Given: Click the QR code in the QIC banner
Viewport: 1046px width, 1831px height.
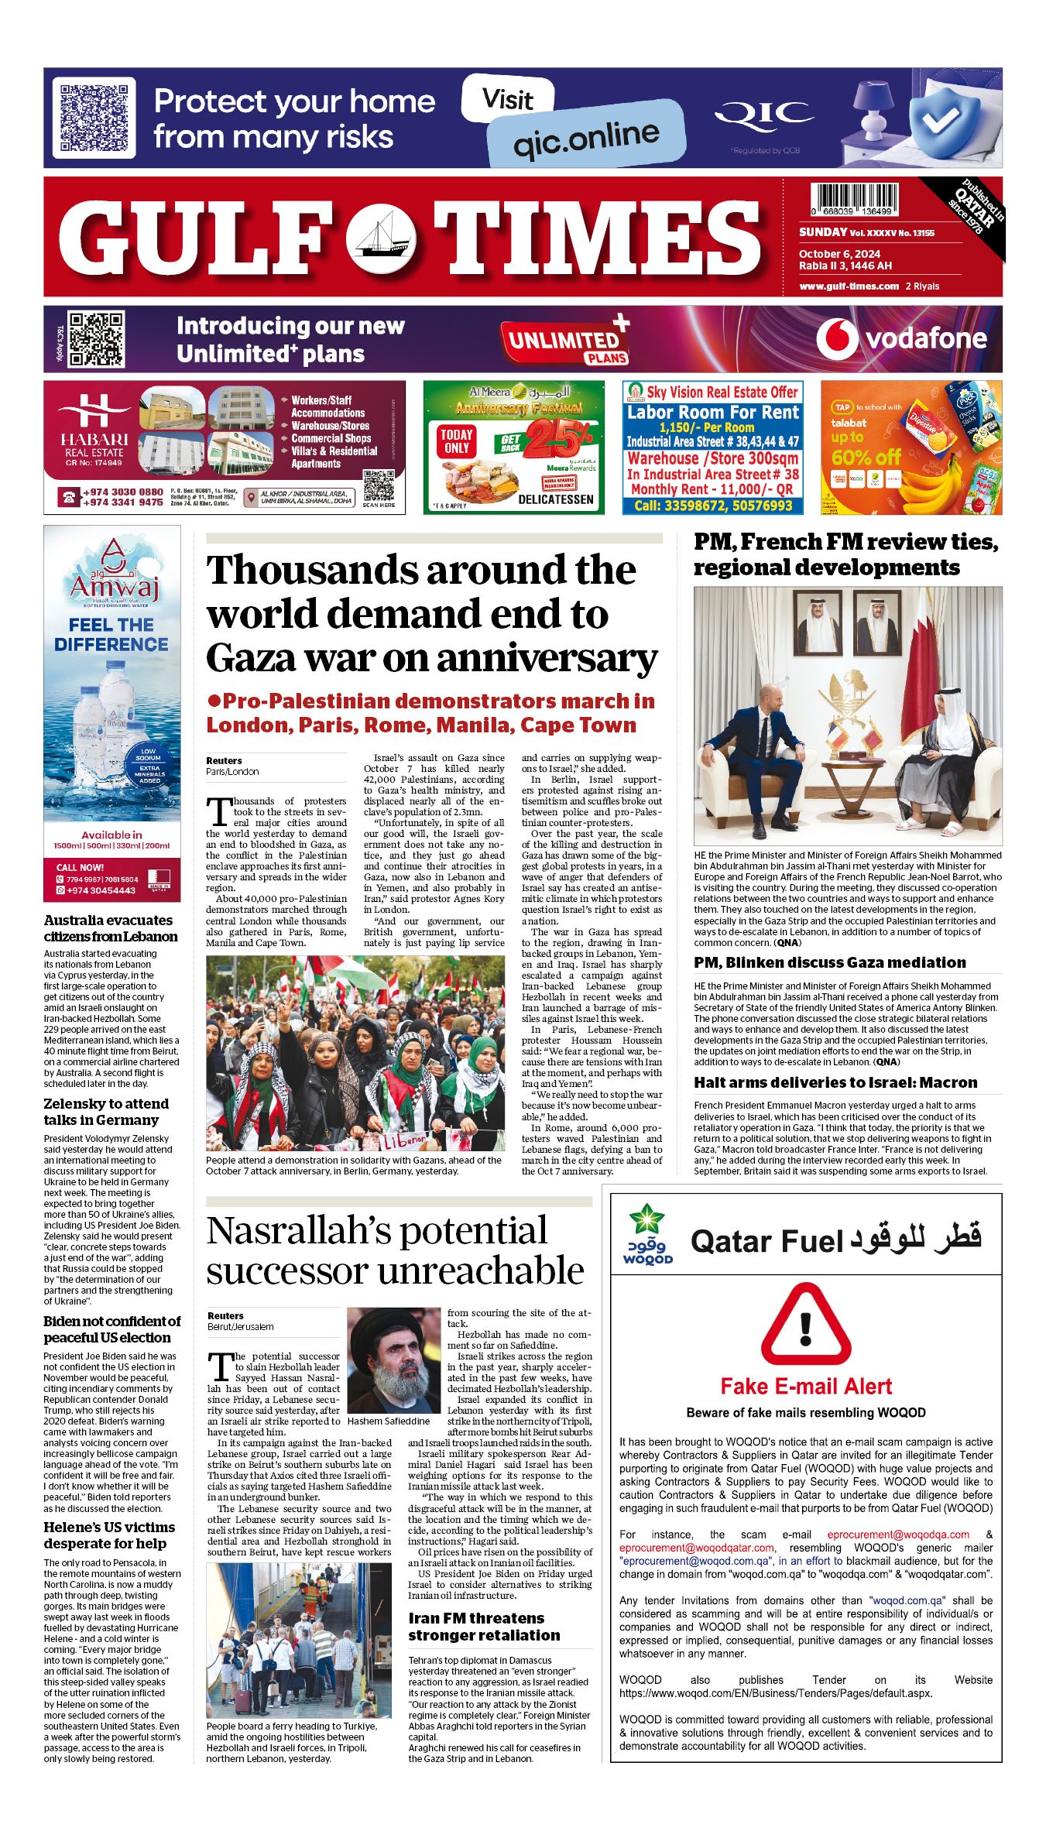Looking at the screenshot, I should [94, 117].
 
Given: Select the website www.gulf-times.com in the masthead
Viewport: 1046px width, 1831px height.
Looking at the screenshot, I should [849, 286].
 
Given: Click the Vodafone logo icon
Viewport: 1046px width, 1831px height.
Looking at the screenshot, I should [837, 339].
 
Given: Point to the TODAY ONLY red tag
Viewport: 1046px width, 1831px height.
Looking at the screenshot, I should [457, 441].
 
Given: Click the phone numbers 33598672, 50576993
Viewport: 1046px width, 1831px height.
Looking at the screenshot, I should [713, 506].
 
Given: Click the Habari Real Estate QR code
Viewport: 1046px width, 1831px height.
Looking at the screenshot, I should [379, 485].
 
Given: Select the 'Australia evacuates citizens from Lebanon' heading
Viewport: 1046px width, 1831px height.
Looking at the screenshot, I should [111, 928].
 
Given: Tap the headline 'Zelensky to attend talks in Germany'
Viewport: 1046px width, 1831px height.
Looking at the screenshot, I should [106, 1112].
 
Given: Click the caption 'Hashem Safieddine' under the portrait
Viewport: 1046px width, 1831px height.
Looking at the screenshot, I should [389, 1421].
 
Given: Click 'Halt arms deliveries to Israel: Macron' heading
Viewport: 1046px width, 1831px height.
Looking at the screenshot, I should [835, 1082].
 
